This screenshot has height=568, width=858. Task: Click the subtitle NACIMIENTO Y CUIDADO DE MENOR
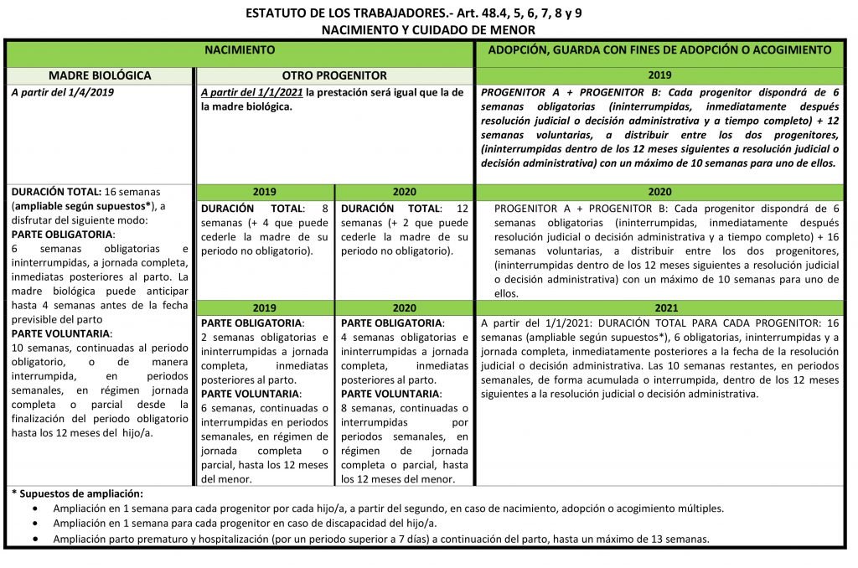[428, 29]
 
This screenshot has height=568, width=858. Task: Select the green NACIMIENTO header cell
[240, 51]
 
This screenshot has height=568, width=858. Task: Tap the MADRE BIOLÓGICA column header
[99, 75]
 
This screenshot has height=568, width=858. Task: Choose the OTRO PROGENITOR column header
[334, 75]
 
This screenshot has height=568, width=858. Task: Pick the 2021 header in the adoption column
[660, 307]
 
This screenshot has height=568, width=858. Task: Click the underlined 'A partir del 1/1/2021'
[252, 91]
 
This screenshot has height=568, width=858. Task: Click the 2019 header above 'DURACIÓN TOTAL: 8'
[264, 192]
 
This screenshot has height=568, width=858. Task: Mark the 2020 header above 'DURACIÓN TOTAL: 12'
[404, 192]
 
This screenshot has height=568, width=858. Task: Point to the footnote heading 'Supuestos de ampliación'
[80, 493]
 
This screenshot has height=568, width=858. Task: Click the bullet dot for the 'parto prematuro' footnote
[34, 539]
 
